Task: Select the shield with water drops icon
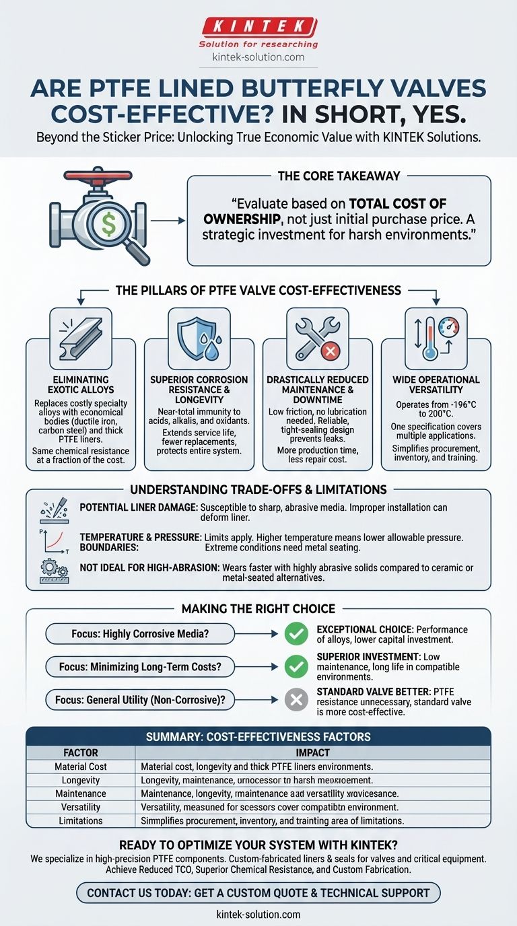coord(199,335)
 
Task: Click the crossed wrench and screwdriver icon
coord(316,334)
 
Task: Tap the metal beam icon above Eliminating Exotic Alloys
coord(80,336)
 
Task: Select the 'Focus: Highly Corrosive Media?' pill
coord(139,633)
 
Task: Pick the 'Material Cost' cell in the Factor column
coord(81,767)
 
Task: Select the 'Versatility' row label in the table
coord(81,807)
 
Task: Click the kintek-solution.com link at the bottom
coord(258,915)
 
